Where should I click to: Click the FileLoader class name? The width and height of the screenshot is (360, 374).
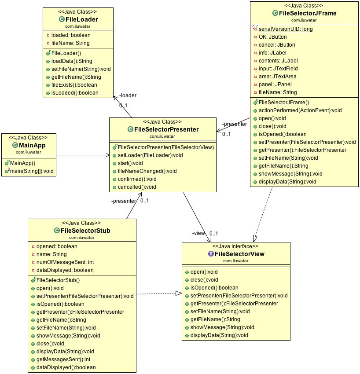81,19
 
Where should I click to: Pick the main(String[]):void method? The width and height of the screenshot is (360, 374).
32,171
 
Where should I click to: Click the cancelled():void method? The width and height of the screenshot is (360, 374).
137,187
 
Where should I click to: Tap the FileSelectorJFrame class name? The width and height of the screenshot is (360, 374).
307,13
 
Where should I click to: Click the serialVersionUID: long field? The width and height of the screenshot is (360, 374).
286,29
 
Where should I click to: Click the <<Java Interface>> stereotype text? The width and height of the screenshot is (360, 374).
236,246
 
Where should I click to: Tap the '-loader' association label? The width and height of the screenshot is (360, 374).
128,95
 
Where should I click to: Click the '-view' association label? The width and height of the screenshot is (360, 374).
198,233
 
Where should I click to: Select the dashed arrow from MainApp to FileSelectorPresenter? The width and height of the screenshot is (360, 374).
84,155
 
